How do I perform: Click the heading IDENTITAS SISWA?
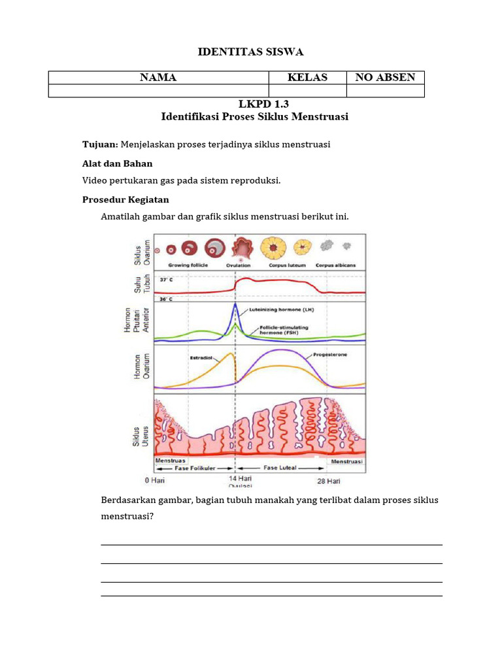(x=251, y=52)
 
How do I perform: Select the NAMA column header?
(x=158, y=78)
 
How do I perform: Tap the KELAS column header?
(x=307, y=78)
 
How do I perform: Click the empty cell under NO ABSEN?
(x=385, y=91)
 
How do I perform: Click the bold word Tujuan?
(x=100, y=144)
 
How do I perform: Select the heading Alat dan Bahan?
(x=118, y=163)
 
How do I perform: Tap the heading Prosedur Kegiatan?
(x=125, y=199)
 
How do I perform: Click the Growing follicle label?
(x=188, y=266)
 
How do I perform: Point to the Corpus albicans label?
(x=336, y=266)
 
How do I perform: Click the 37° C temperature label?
(x=166, y=280)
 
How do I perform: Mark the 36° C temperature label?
(x=166, y=299)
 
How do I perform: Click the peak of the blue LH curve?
(x=235, y=304)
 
